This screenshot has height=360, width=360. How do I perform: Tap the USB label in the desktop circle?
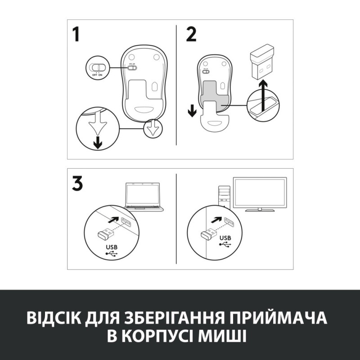click(x=225, y=238)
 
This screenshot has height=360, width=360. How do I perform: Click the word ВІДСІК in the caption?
click(x=56, y=318)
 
